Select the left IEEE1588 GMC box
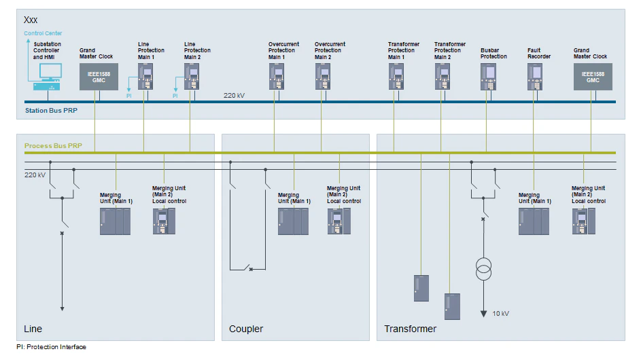pos(99,77)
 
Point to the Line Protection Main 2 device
pos(191,77)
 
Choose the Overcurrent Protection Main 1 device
pos(275,77)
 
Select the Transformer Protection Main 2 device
pos(443,77)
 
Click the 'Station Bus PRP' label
pos(51,110)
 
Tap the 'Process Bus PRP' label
pos(53,146)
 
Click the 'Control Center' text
pos(43,33)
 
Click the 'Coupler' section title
pos(246,329)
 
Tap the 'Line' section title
pos(33,329)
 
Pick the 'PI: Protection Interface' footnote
pos(52,347)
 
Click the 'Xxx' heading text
pos(31,20)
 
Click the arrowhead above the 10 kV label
pos(484,313)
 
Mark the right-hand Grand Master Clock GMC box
pos(593,77)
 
